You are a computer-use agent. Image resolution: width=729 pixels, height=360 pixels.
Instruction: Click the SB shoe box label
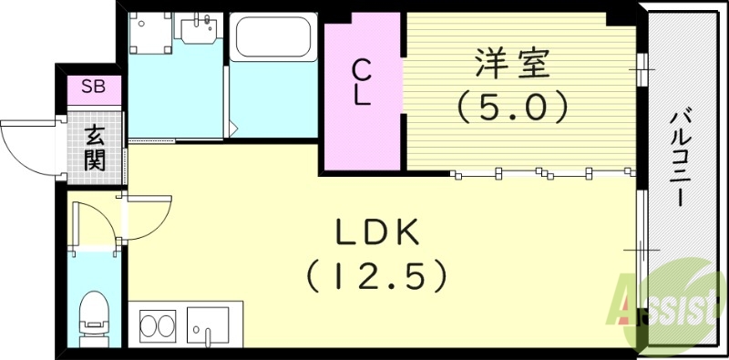[x=92, y=87]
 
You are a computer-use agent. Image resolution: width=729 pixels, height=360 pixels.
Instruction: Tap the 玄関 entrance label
[x=94, y=149]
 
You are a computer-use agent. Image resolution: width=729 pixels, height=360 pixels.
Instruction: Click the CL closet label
[x=362, y=82]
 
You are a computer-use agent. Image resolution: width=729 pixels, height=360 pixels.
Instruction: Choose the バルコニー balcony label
[x=681, y=159]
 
